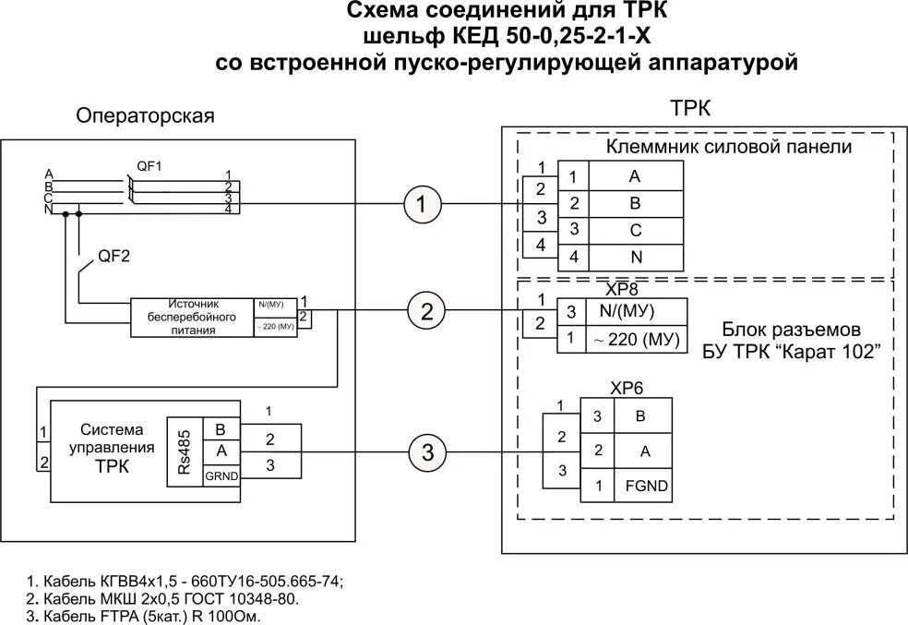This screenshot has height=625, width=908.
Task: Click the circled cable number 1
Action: [423, 205]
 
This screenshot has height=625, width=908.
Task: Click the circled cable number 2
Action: [426, 311]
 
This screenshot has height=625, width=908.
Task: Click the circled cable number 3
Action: [427, 452]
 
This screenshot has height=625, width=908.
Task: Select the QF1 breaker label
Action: [149, 165]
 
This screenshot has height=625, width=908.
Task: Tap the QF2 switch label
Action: [113, 257]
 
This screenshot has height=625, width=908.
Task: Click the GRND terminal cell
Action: [221, 475]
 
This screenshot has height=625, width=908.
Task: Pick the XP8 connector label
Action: [621, 289]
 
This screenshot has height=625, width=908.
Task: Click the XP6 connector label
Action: [626, 389]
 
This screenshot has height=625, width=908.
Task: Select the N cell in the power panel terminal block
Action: [635, 256]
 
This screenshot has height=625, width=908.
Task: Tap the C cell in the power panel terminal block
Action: [635, 229]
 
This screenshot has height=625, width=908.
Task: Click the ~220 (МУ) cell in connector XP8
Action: [636, 339]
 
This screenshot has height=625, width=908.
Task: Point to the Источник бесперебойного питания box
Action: [191, 316]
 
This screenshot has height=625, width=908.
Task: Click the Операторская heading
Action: [146, 116]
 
